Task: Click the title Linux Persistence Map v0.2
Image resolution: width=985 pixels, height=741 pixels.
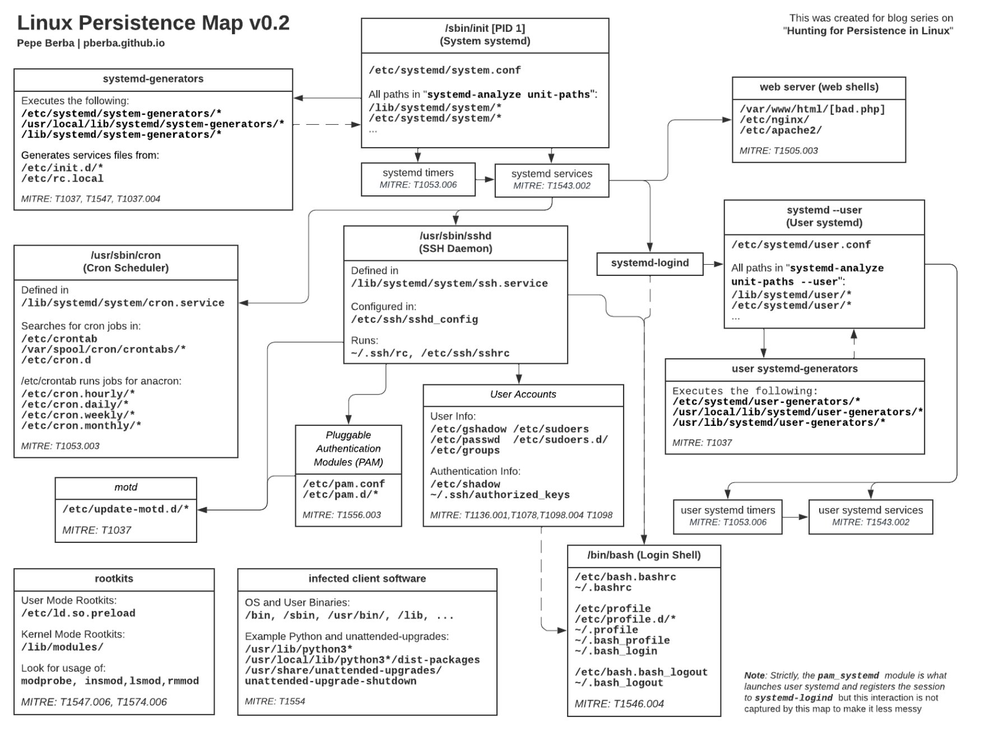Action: pyautogui.click(x=153, y=23)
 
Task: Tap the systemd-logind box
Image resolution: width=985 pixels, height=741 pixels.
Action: pyautogui.click(x=649, y=263)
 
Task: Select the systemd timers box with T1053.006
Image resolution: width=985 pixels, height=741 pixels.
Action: pyautogui.click(x=418, y=179)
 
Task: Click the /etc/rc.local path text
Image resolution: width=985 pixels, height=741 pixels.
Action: pyautogui.click(x=62, y=179)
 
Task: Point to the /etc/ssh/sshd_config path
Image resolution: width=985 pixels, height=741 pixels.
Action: pyautogui.click(x=414, y=320)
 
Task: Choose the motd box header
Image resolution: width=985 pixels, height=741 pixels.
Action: pyautogui.click(x=126, y=487)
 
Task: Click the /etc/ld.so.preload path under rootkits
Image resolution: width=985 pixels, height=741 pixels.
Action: pyautogui.click(x=78, y=613)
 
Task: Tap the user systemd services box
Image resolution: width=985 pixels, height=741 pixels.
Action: pyautogui.click(x=870, y=516)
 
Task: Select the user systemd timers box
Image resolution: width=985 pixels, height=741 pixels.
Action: pyautogui.click(x=727, y=516)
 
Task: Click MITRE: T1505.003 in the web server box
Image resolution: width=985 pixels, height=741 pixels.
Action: pyautogui.click(x=778, y=151)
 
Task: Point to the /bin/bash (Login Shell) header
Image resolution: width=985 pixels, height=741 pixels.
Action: pyautogui.click(x=644, y=555)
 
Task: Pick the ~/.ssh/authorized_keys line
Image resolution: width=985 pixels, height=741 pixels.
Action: pyautogui.click(x=500, y=495)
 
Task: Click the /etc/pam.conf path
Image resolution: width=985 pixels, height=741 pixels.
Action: pyautogui.click(x=343, y=484)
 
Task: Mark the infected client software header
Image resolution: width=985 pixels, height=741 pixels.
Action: pyautogui.click(x=367, y=579)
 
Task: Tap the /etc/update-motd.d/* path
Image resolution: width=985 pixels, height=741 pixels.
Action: pyautogui.click(x=126, y=509)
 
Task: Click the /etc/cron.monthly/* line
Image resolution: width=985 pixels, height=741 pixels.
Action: pyautogui.click(x=81, y=426)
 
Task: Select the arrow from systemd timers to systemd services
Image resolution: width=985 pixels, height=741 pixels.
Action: pyautogui.click(x=485, y=180)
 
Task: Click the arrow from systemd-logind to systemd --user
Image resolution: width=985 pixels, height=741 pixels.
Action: pyautogui.click(x=713, y=264)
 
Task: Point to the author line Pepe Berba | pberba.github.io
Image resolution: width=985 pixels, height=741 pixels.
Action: pyautogui.click(x=91, y=43)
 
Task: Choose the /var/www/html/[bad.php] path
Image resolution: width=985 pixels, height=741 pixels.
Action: pyautogui.click(x=812, y=109)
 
